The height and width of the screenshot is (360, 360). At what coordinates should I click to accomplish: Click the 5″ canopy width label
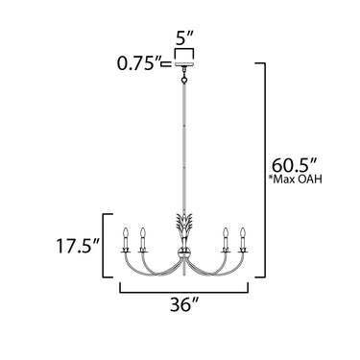tap(184, 39)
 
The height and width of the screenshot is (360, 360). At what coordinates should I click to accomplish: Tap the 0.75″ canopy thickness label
tap(138, 63)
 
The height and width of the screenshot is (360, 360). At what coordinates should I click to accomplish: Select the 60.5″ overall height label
tap(294, 166)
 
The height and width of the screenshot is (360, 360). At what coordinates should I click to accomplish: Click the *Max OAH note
tap(296, 180)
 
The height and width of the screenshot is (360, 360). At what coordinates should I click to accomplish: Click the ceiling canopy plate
tap(184, 65)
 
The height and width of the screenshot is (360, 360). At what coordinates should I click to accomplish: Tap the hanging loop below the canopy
tap(184, 79)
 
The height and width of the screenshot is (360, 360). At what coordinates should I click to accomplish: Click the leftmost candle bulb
tap(126, 232)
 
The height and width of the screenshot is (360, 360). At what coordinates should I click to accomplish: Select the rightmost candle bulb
tap(243, 232)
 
